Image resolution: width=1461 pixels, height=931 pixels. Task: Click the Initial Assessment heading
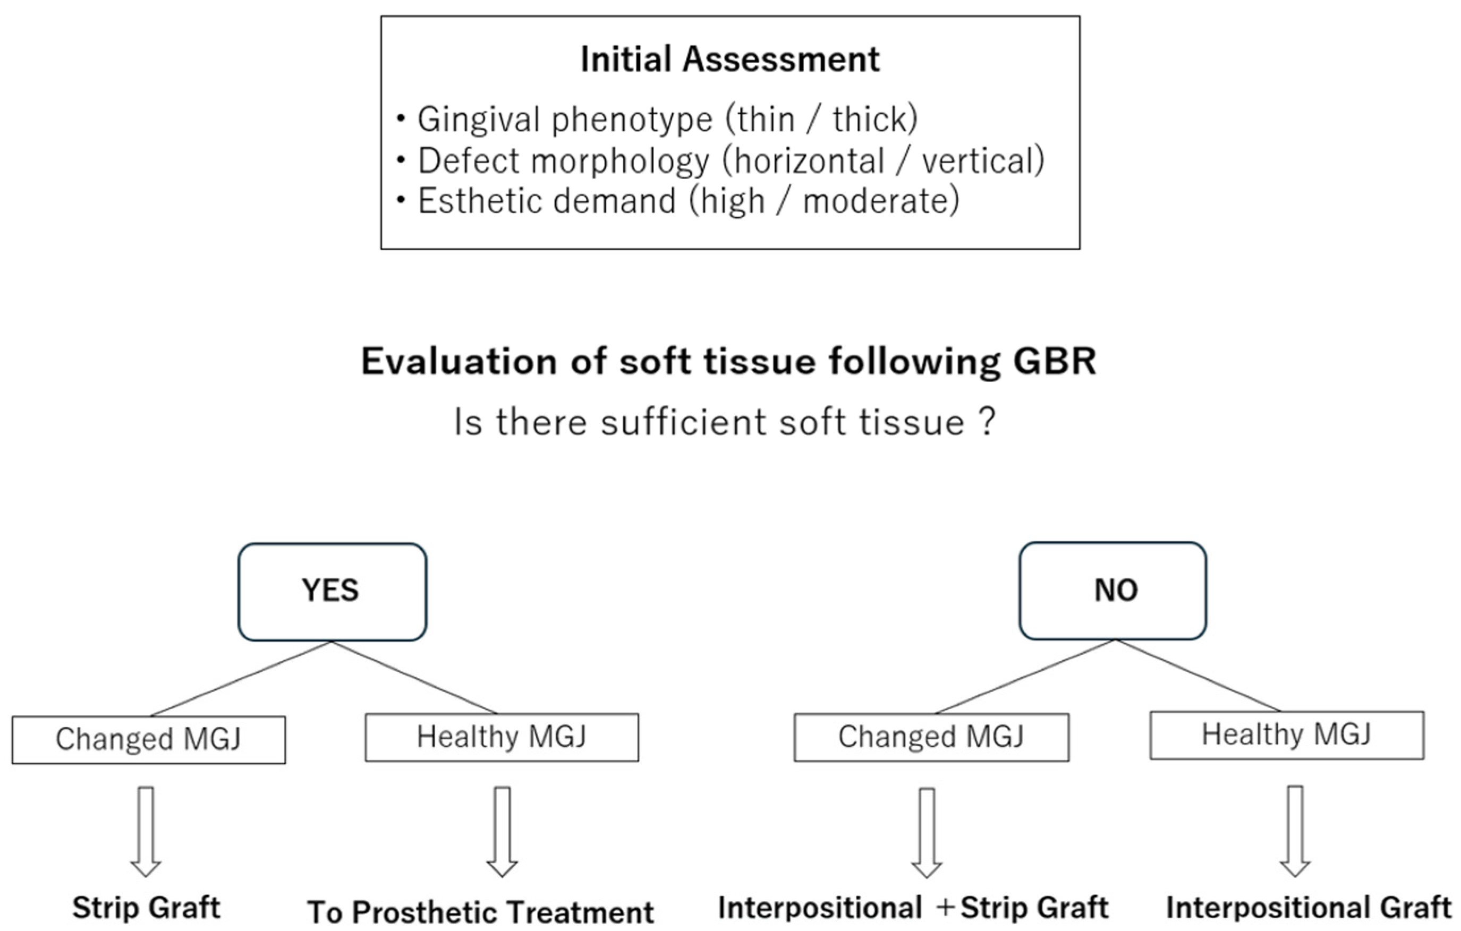[729, 59]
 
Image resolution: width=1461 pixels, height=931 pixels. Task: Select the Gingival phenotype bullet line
[667, 119]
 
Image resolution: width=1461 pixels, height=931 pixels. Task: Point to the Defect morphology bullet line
[730, 161]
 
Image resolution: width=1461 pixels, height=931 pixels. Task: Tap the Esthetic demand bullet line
[688, 201]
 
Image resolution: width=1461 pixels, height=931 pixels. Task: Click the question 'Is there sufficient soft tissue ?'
[725, 422]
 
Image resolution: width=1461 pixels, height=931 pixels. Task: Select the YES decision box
[332, 591]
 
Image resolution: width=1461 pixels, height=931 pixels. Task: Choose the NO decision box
[1112, 590]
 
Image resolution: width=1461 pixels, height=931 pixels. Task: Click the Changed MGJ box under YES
[149, 739]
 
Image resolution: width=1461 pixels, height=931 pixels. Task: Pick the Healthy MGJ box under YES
[502, 737]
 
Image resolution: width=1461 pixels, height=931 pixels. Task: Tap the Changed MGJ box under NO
[931, 737]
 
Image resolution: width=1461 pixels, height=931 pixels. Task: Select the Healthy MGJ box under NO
[1286, 734]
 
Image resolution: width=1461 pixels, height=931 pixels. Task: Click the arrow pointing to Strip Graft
[146, 831]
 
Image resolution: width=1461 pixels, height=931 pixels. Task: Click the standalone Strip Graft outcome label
[146, 908]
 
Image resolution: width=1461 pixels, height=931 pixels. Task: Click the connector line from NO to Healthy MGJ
[1199, 676]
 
